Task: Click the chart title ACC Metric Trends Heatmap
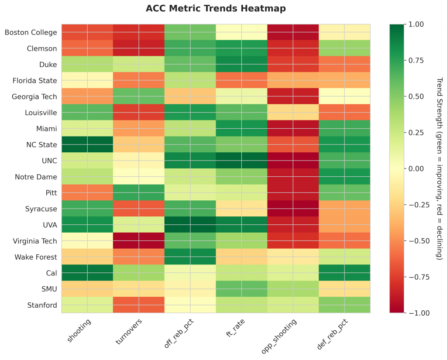[216, 8]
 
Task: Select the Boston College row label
[31, 32]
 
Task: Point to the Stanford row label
[42, 305]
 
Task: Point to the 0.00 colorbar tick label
[413, 168]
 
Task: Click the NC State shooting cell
[87, 144]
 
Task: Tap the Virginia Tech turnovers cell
[139, 241]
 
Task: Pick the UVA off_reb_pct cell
[190, 225]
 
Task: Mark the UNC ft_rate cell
[242, 161]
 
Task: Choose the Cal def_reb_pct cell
[345, 273]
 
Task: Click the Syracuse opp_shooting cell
[293, 209]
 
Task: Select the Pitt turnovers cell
[139, 192]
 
